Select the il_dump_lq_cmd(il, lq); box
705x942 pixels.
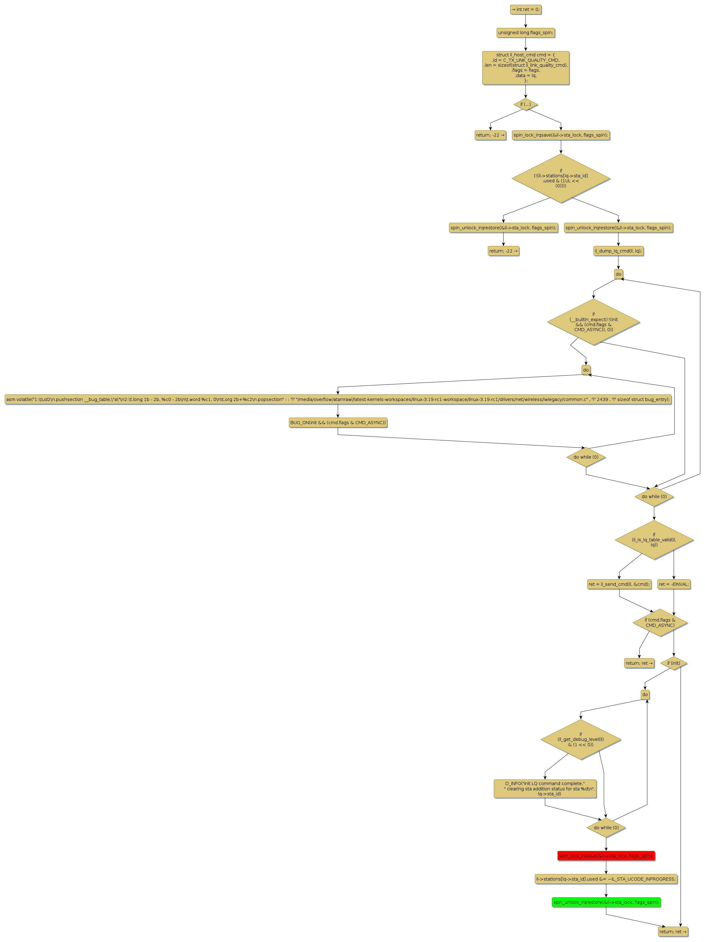[618, 251]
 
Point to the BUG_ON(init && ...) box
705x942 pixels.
[338, 423]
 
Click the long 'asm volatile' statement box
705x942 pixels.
[338, 399]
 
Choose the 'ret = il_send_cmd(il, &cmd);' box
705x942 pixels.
[619, 584]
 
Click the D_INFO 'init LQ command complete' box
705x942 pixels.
[545, 789]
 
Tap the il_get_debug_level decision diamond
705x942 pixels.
[581, 739]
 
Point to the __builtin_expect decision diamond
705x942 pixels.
[593, 322]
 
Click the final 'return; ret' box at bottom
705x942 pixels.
[673, 932]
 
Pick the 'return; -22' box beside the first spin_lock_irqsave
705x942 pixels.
[490, 135]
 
